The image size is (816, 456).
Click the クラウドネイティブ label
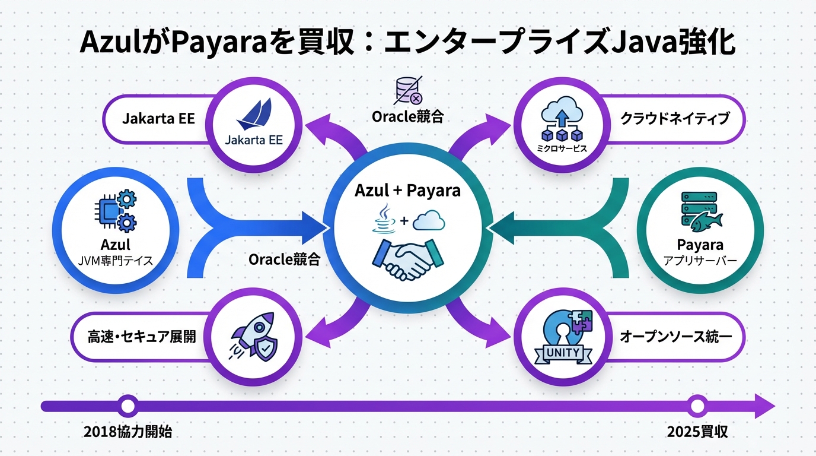coord(674,119)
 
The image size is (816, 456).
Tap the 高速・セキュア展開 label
coord(142,337)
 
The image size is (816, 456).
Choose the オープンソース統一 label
coord(675,337)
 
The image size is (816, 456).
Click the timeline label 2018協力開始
coord(128,432)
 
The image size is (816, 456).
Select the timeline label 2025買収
coord(697,432)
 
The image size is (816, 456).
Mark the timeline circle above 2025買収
coord(697,407)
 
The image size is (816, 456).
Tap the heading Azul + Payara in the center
coord(407,191)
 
